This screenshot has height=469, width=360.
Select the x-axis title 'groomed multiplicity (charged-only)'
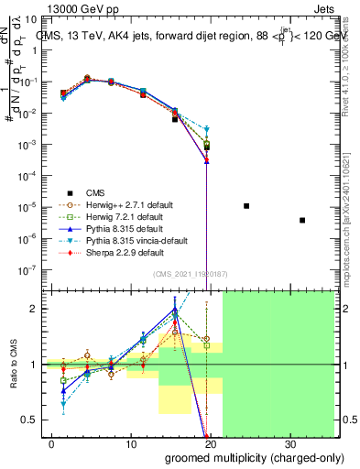(x=242, y=457)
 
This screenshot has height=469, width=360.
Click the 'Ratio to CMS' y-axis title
(x=12, y=364)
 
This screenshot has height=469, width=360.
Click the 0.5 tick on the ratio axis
(x=29, y=420)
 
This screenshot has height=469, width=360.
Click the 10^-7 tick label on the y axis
(x=29, y=270)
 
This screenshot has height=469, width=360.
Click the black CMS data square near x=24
(x=246, y=206)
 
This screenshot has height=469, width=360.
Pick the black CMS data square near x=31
(x=302, y=220)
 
